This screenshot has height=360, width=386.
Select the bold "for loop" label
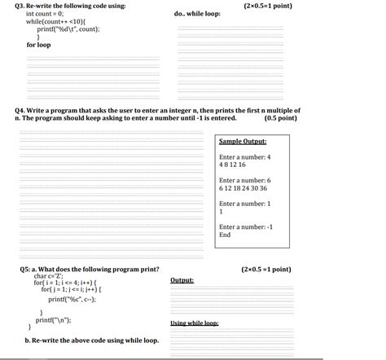[38, 45]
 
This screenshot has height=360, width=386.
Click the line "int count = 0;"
[45, 14]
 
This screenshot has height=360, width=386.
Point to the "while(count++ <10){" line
[58, 21]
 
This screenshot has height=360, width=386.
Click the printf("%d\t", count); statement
[68, 29]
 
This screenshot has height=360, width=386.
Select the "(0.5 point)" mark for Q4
[280, 117]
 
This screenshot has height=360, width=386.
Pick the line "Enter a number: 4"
[245, 156]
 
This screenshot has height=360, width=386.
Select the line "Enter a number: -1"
[246, 226]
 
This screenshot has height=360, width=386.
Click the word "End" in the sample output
[225, 235]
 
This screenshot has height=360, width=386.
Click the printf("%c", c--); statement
[72, 299]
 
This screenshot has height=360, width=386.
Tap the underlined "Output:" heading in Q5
[182, 280]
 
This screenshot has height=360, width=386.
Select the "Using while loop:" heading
[194, 323]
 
